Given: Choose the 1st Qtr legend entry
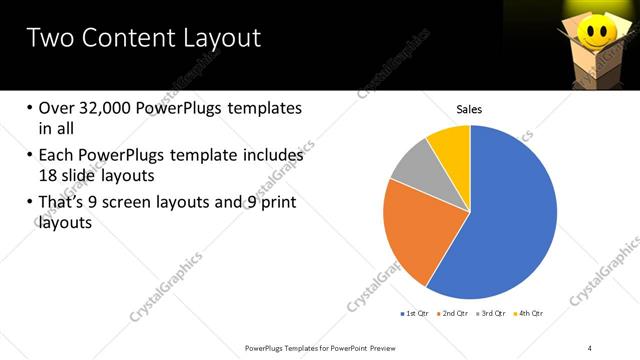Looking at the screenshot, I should (414, 313).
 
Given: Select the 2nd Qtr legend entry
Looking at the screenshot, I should (452, 313).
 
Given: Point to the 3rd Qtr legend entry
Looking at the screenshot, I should (490, 313).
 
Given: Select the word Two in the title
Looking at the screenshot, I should (48, 39).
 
